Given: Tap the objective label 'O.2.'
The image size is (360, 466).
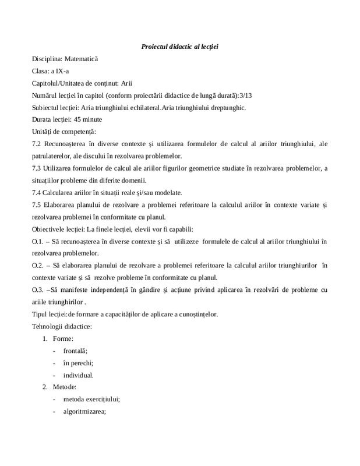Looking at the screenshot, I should (x=37, y=266).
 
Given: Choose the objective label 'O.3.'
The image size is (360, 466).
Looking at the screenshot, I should (x=37, y=290).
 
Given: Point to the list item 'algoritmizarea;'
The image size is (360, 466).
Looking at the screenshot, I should (x=85, y=412).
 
